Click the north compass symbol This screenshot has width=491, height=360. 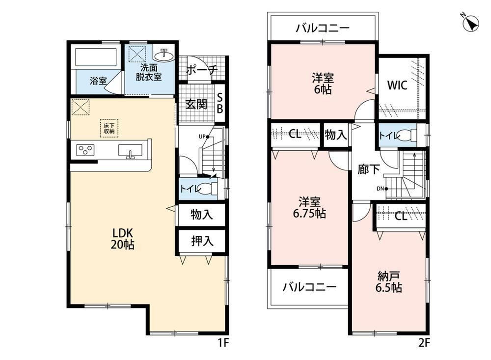pyautogui.click(x=471, y=23)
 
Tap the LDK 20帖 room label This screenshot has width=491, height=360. pyautogui.click(x=122, y=238)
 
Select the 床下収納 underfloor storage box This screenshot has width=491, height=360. pyautogui.click(x=109, y=128)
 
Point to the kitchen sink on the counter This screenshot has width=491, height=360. pyautogui.click(x=130, y=151)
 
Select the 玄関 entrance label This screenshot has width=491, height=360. pyautogui.click(x=196, y=104)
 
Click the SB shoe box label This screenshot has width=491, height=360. pyautogui.click(x=220, y=103)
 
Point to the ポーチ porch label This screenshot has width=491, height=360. pyautogui.click(x=202, y=70)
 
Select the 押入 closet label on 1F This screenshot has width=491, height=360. pyautogui.click(x=202, y=241)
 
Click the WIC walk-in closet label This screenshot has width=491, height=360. pyautogui.click(x=397, y=85)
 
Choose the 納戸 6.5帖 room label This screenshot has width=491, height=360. pyautogui.click(x=388, y=282)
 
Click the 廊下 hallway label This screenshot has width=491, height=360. pyautogui.click(x=369, y=169)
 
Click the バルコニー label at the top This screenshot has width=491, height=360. pyautogui.click(x=323, y=28)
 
